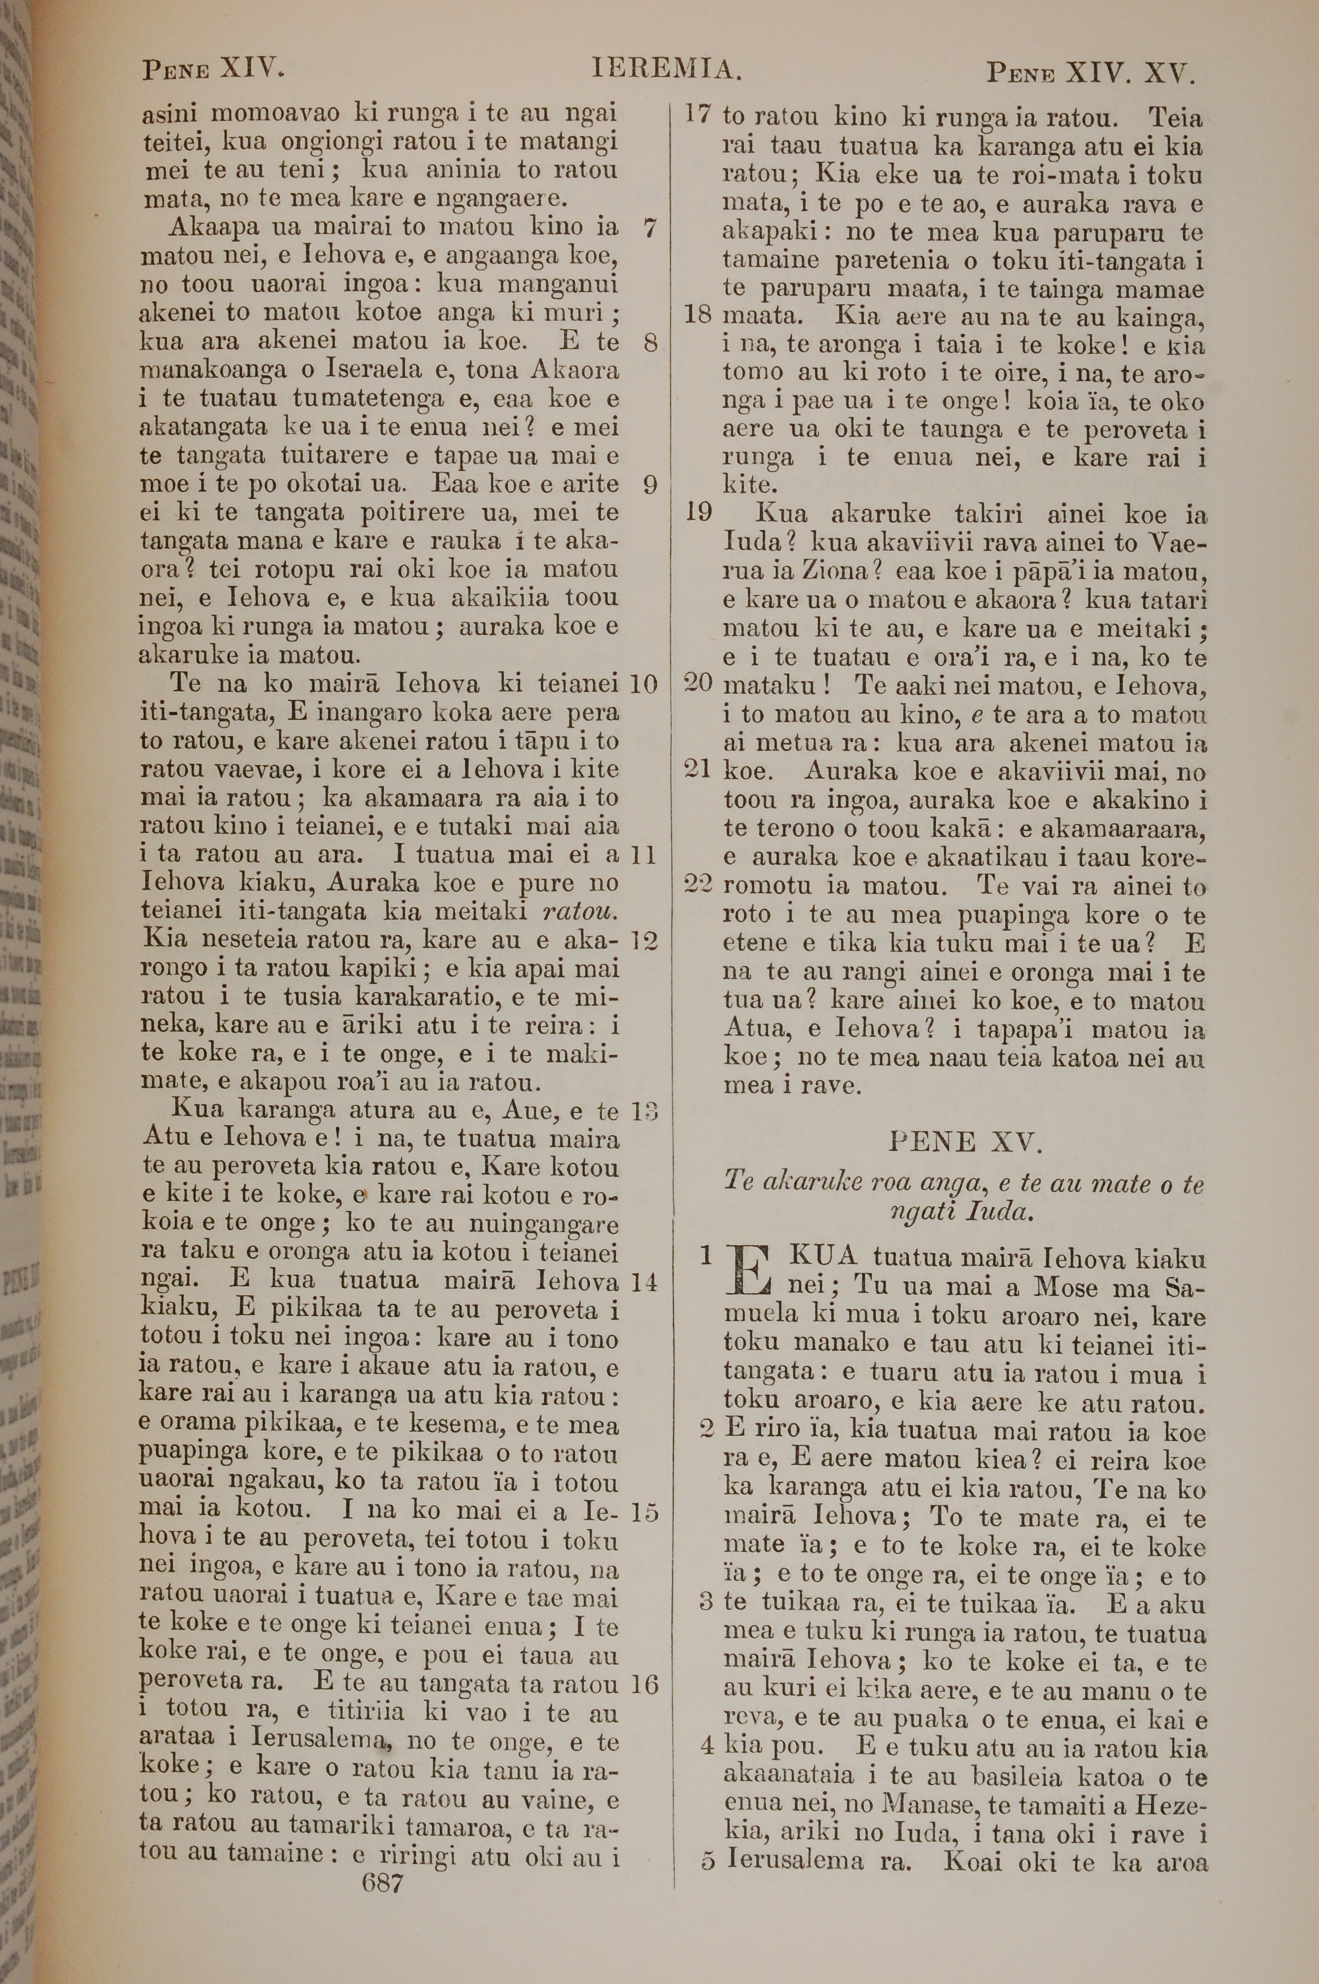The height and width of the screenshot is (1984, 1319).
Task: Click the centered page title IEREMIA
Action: point(666,69)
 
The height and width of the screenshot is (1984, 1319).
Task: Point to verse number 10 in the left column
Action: point(642,684)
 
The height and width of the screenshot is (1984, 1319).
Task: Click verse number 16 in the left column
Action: point(644,1685)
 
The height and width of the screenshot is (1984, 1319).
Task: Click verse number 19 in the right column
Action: point(698,512)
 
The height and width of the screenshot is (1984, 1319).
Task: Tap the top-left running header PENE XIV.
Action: point(213,69)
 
